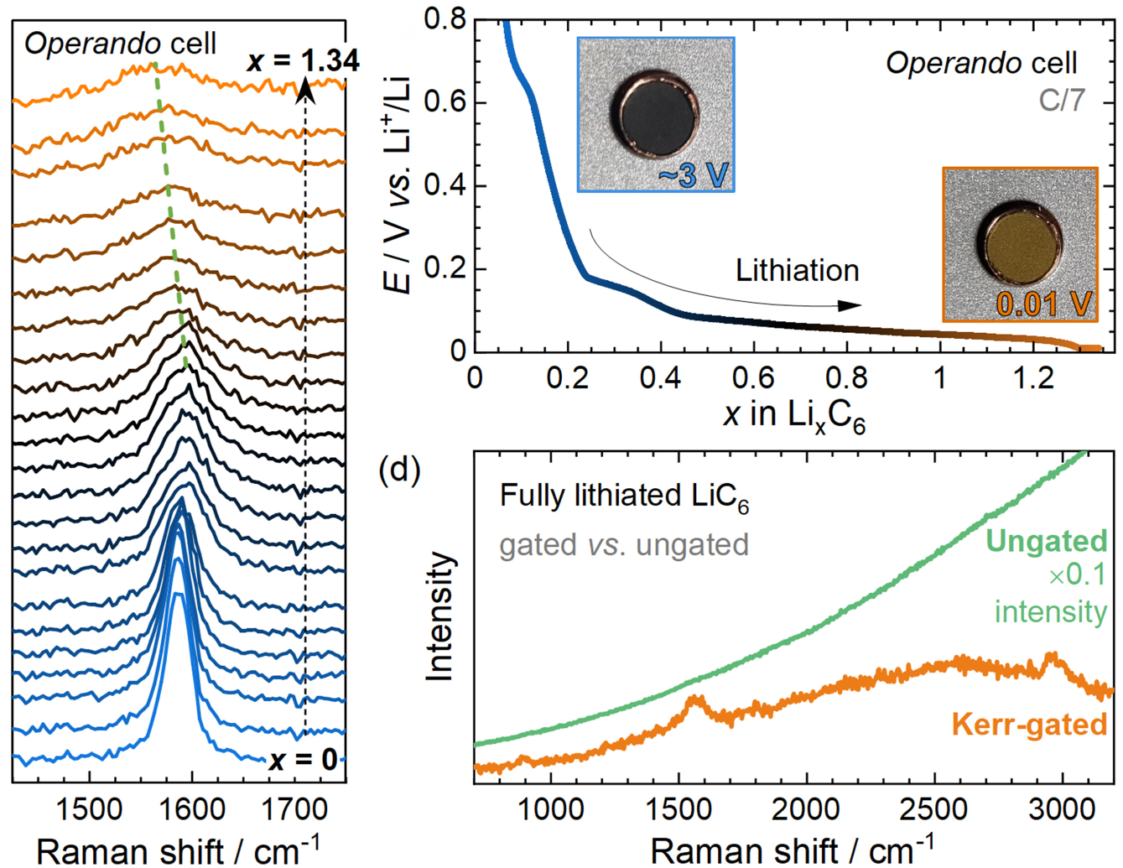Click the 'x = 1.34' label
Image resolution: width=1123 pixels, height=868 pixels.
click(x=304, y=60)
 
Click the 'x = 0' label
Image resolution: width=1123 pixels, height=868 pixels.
click(x=303, y=760)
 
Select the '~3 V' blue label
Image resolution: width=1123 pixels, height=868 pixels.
click(x=694, y=175)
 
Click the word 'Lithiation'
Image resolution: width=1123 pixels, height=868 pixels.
click(x=797, y=271)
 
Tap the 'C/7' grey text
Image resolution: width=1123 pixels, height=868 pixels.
click(x=1061, y=100)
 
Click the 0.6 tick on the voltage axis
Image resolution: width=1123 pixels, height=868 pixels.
click(x=445, y=102)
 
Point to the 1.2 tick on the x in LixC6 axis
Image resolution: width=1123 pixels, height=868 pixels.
click(x=1033, y=378)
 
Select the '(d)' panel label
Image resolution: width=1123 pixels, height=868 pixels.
click(x=399, y=470)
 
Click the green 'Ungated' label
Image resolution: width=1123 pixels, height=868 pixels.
click(x=1046, y=541)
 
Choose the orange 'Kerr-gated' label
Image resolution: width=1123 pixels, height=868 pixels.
click(x=1029, y=724)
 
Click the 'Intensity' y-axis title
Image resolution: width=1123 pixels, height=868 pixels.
click(x=439, y=616)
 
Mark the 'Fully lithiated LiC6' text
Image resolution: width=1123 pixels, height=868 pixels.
click(x=624, y=496)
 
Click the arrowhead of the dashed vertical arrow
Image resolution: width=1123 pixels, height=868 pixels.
click(x=305, y=87)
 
